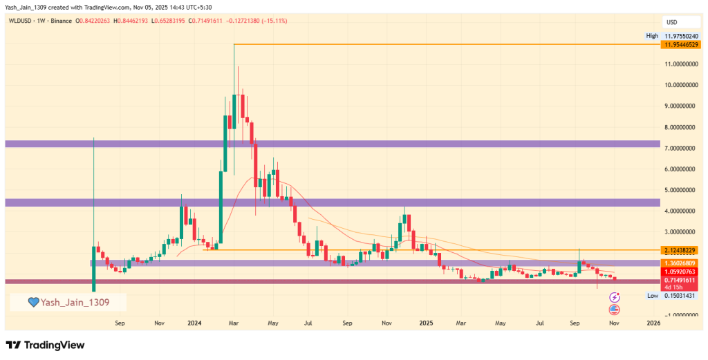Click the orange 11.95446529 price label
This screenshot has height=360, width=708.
680,44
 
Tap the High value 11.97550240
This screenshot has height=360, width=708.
680,36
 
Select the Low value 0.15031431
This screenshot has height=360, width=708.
680,296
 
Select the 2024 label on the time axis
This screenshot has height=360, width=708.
194,323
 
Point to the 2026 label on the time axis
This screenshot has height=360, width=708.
653,323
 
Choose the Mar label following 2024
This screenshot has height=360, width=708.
234,323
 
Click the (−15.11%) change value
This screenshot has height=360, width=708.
272,21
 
